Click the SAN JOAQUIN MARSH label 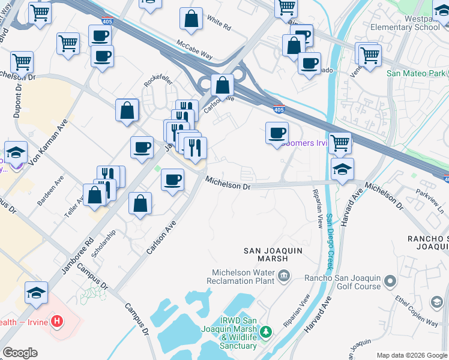point(265,254)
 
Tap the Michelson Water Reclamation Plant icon point(284,277)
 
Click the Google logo point(20,353)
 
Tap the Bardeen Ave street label point(50,191)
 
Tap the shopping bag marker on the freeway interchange point(223,86)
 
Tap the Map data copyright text point(411,355)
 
